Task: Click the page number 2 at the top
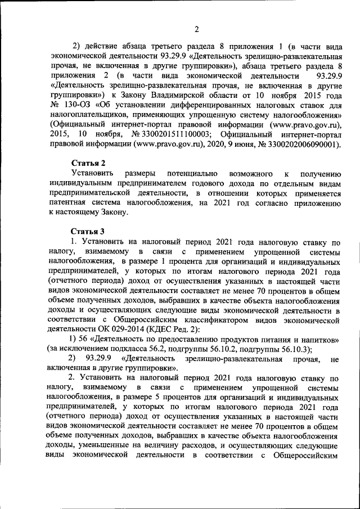point(196,29)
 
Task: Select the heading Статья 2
point(88,163)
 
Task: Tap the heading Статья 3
point(88,231)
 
